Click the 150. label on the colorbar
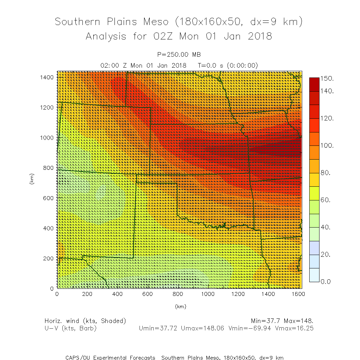[x=328, y=78]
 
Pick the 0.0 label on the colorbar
[x=328, y=281]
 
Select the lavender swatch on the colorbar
[x=314, y=248]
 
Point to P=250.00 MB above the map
[x=179, y=54]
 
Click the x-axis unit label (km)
[x=180, y=306]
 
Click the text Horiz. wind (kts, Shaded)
[x=85, y=321]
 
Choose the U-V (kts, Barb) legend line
[x=70, y=328]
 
